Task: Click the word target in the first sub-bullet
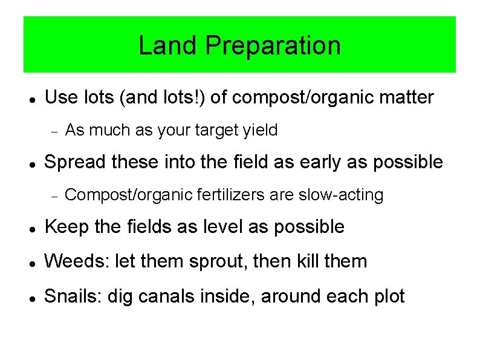(218, 130)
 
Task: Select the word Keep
(65, 227)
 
